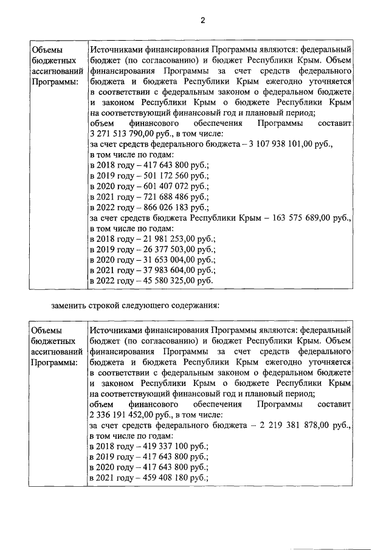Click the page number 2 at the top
point(203,20)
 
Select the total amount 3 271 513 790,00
point(124,134)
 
